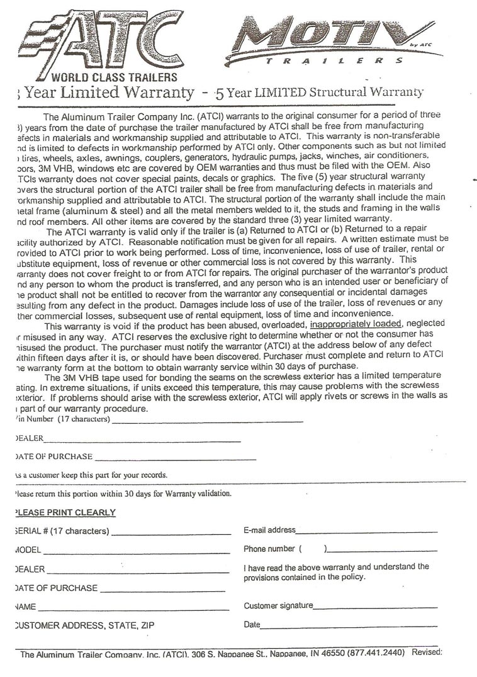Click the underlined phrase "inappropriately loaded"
click(x=356, y=324)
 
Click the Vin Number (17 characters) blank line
click(x=207, y=421)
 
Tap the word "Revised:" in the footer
click(x=427, y=652)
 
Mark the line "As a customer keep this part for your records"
click(x=91, y=474)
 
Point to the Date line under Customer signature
click(x=349, y=627)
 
